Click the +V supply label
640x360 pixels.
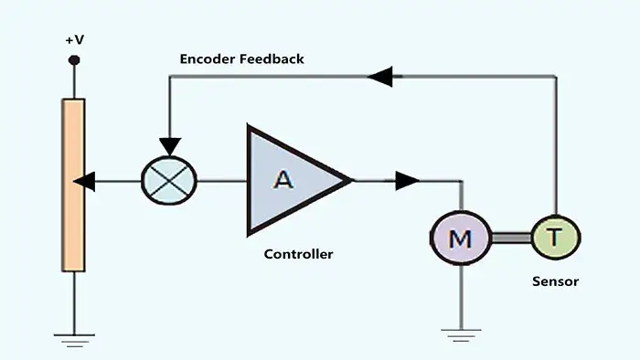(75, 40)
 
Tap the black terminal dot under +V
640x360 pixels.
(74, 60)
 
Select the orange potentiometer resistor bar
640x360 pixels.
(73, 185)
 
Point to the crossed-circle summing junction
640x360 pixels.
(169, 181)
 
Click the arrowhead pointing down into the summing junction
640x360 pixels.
(170, 146)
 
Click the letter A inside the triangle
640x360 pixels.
(283, 179)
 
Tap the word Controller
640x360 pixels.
(298, 254)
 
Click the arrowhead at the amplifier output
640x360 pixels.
(407, 181)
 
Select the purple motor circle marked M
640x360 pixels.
(461, 238)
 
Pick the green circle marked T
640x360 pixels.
(556, 238)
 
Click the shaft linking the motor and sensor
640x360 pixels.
(512, 238)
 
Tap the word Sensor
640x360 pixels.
(556, 281)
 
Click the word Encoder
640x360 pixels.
(208, 58)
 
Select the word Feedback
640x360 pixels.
(272, 58)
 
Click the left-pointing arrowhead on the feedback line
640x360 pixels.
(380, 76)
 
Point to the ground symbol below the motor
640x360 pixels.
(461, 335)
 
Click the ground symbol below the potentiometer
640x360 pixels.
(74, 341)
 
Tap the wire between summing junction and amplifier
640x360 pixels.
(221, 181)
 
